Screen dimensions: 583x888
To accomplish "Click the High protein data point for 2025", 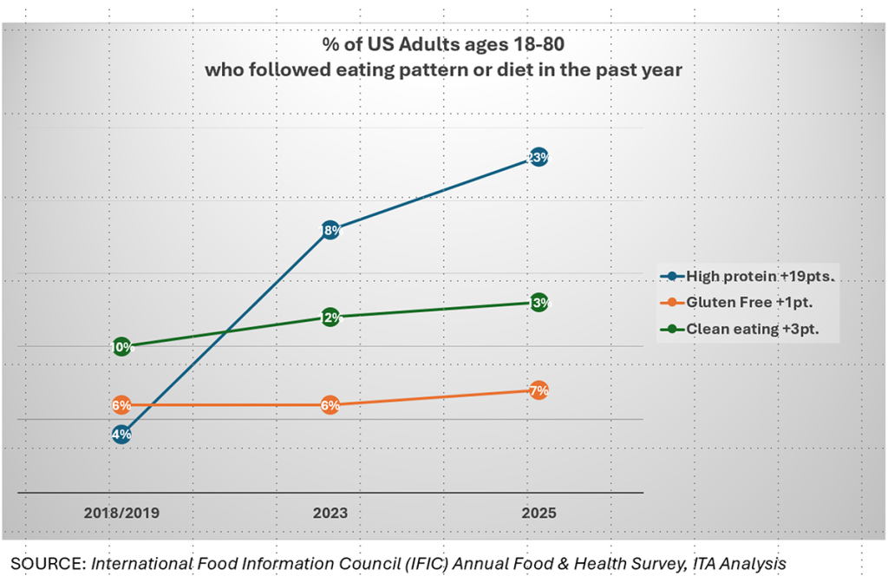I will pyautogui.click(x=538, y=158).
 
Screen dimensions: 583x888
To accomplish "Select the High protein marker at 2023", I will pyautogui.click(x=330, y=231).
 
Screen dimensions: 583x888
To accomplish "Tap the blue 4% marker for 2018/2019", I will pyautogui.click(x=121, y=434).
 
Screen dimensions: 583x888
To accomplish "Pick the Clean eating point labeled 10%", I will pyautogui.click(x=121, y=347).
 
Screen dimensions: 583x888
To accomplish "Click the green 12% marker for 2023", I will pyautogui.click(x=330, y=318).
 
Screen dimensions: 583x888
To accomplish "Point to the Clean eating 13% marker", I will pyautogui.click(x=538, y=303).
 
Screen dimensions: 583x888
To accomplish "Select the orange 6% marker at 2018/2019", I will pyautogui.click(x=121, y=405).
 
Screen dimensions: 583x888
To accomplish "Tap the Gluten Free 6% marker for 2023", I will pyautogui.click(x=330, y=405).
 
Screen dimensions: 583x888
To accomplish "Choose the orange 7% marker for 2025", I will pyautogui.click(x=538, y=390).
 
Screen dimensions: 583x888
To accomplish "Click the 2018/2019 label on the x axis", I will pyautogui.click(x=121, y=513).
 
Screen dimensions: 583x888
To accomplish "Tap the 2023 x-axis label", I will pyautogui.click(x=330, y=513).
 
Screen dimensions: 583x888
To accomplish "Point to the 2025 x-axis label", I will pyautogui.click(x=538, y=513).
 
